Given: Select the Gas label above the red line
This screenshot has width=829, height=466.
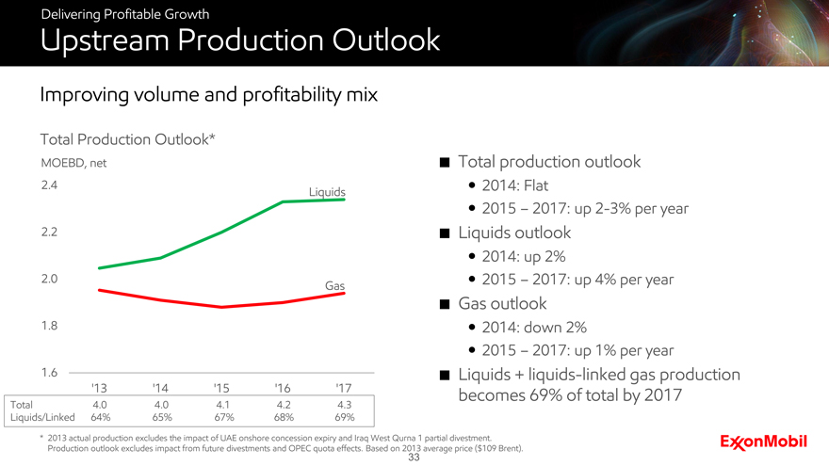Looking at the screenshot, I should pos(333,284).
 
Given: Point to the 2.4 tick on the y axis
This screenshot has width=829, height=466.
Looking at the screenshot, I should pos(50,185).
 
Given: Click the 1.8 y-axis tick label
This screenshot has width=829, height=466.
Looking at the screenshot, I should pos(50,325).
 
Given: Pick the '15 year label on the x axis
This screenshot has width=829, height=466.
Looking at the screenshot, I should pos(221,387).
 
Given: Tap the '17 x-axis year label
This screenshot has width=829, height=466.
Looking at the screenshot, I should pos(344,387).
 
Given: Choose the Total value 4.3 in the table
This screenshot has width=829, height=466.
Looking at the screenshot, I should pos(344,404).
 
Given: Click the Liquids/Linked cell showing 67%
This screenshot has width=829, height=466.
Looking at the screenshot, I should pos(221,417).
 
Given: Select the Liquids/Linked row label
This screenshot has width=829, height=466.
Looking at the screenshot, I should pos(41,417).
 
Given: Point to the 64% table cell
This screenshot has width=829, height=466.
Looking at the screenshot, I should pos(100,417).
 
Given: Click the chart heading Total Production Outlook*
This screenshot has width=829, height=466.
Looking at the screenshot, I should pos(128,139).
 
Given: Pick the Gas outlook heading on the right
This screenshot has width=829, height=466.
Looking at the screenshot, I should pos(502,303).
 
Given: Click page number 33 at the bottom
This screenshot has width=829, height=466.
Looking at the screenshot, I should pos(414,458).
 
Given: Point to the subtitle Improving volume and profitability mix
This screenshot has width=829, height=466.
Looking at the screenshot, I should pos(208,95).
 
